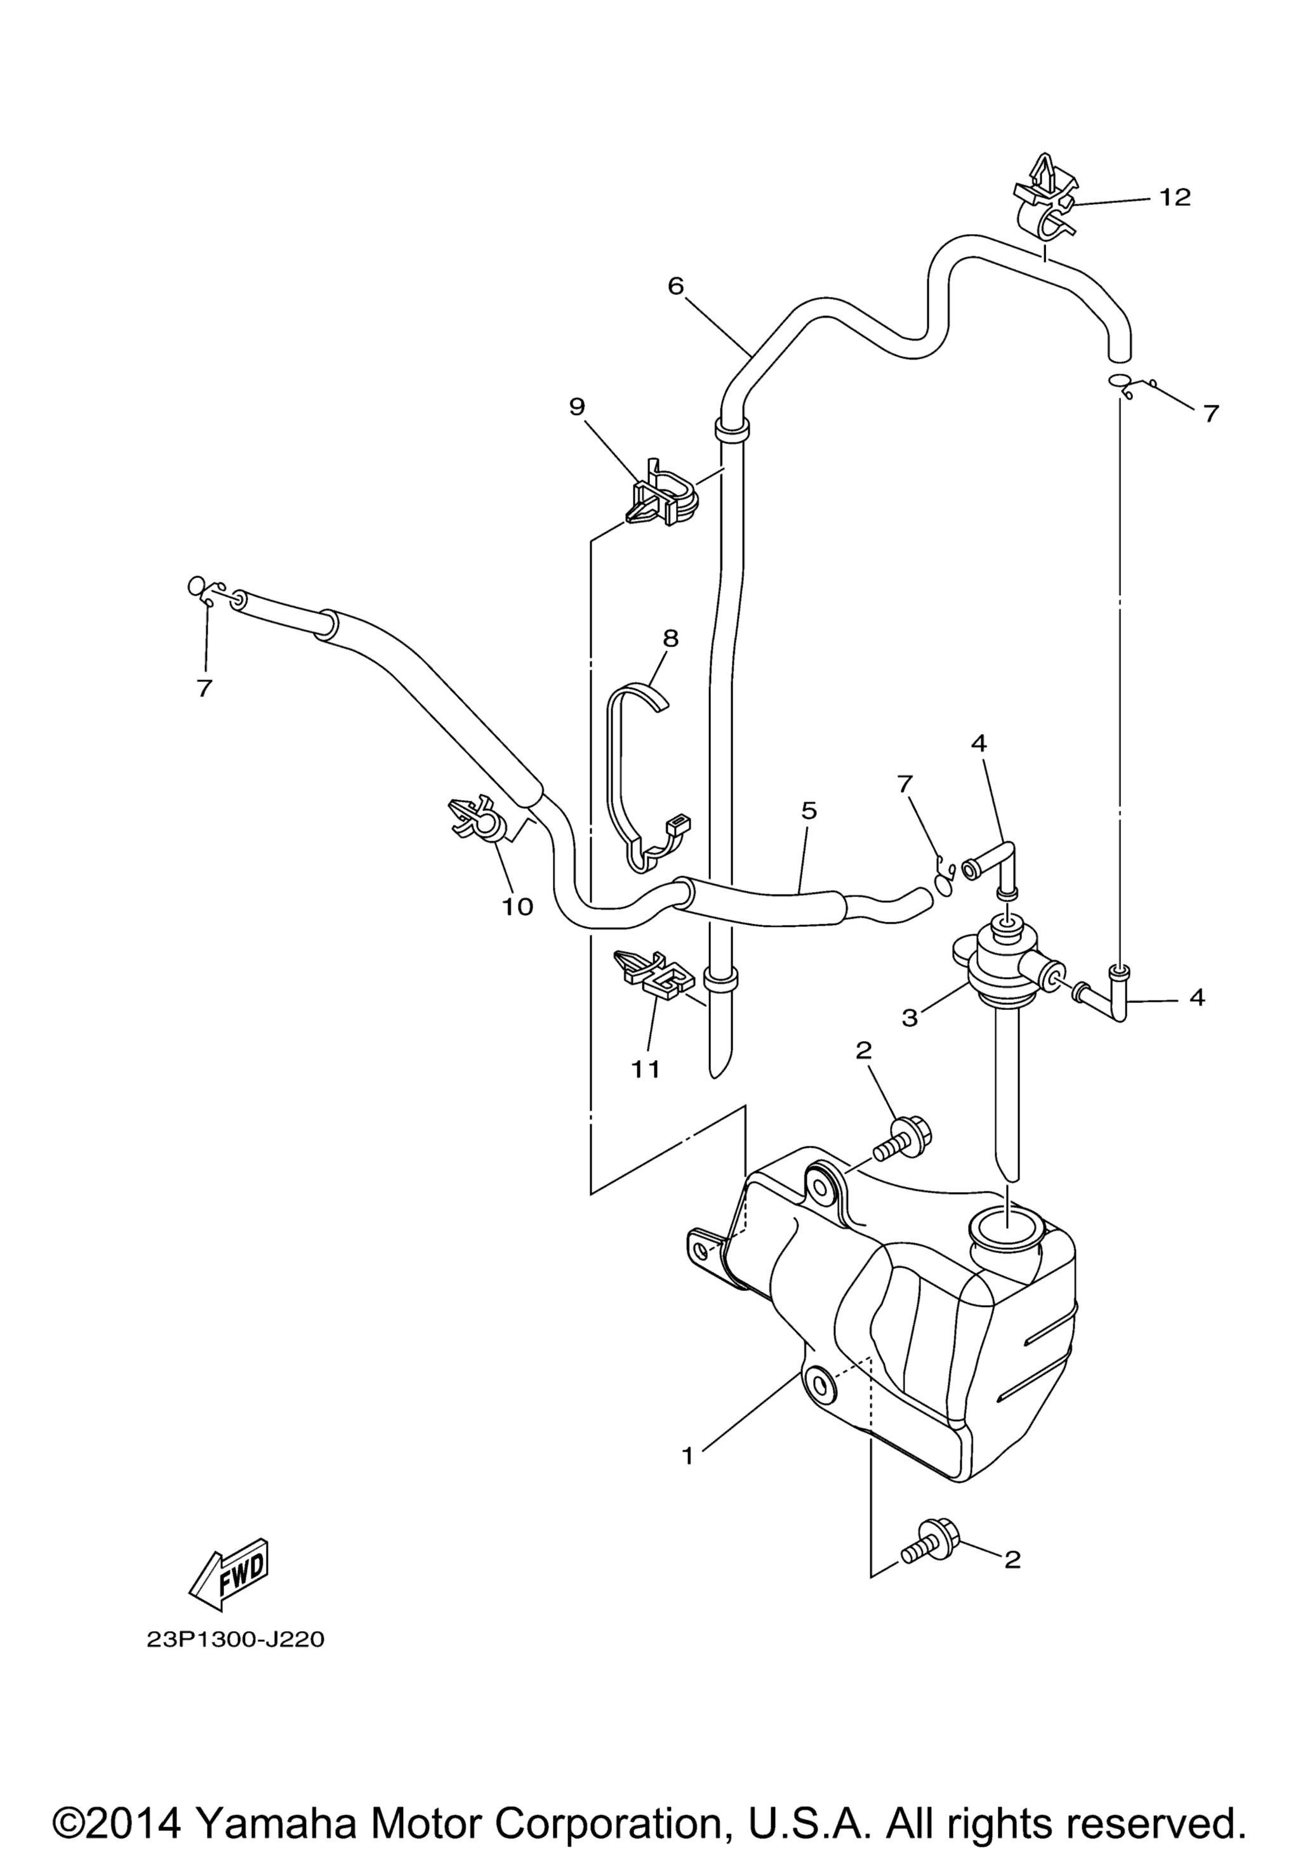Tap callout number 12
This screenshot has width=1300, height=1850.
[1175, 197]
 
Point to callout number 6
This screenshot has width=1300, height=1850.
[675, 285]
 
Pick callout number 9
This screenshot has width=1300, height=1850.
[576, 407]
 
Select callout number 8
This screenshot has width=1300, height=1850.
[670, 639]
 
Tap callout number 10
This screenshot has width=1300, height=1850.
[517, 907]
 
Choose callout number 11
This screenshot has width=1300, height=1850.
[646, 1068]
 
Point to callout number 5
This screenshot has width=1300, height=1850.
[809, 811]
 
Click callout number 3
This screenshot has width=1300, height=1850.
[909, 1018]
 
